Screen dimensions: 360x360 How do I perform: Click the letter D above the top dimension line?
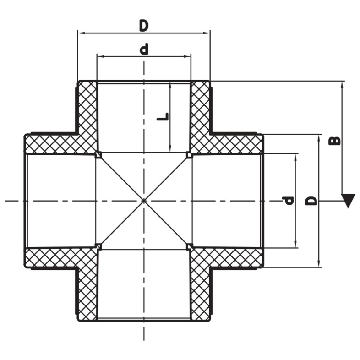click(144, 26)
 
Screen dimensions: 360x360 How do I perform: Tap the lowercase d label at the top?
click(144, 49)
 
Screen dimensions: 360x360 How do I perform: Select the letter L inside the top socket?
click(163, 117)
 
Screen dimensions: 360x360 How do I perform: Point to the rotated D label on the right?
click(311, 201)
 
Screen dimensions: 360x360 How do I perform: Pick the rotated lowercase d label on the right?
click(288, 201)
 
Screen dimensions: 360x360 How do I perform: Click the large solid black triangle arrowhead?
click(348, 201)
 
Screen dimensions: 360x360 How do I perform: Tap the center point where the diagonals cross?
click(144, 201)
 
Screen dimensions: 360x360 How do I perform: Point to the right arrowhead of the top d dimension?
click(187, 56)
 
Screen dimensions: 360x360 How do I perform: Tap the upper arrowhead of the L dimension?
click(170, 87)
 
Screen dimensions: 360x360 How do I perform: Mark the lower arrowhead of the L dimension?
click(170, 148)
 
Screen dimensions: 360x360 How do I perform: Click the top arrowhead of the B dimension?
click(342, 85)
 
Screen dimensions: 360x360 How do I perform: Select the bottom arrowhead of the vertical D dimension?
click(319, 263)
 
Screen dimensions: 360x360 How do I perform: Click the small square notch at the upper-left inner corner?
click(98, 155)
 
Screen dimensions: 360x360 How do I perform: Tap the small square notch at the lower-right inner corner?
click(189, 246)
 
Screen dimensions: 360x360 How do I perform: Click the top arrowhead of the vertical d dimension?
click(296, 158)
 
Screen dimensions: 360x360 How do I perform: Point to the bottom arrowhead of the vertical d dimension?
click(296, 244)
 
